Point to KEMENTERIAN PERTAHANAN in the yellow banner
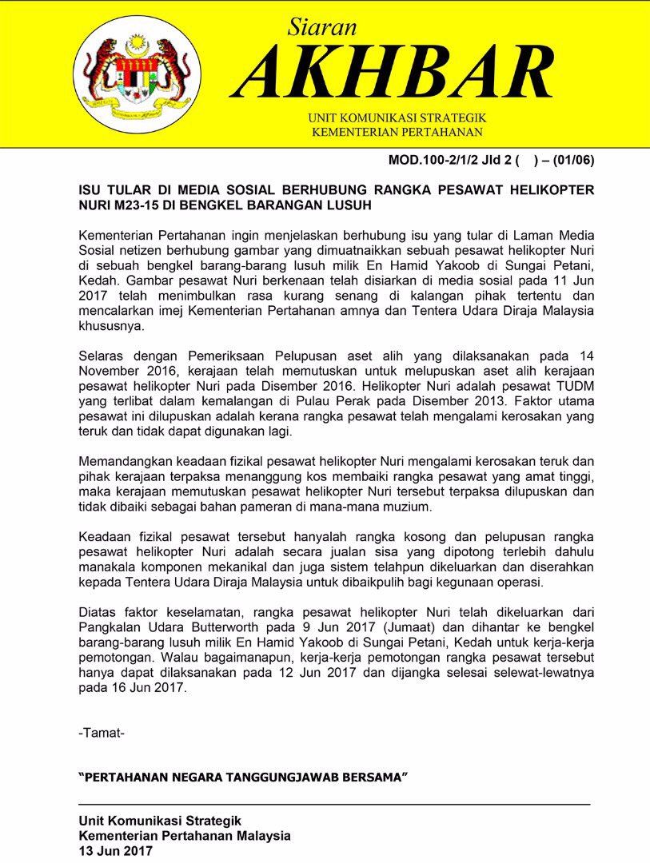pyautogui.click(x=397, y=131)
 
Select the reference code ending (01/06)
pyautogui.click(x=570, y=160)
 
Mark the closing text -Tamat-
pyautogui.click(x=102, y=733)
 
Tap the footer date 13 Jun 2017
pyautogui.click(x=116, y=851)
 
